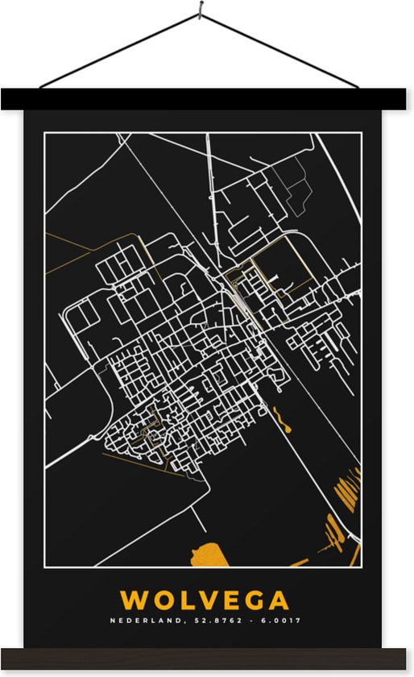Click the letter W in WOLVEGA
coord(133,600)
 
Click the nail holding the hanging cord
coord(201,11)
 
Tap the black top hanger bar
coord(207,99)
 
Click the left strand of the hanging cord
coord(121,50)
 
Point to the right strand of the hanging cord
coord(282,50)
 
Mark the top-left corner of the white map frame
coord(45,133)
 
